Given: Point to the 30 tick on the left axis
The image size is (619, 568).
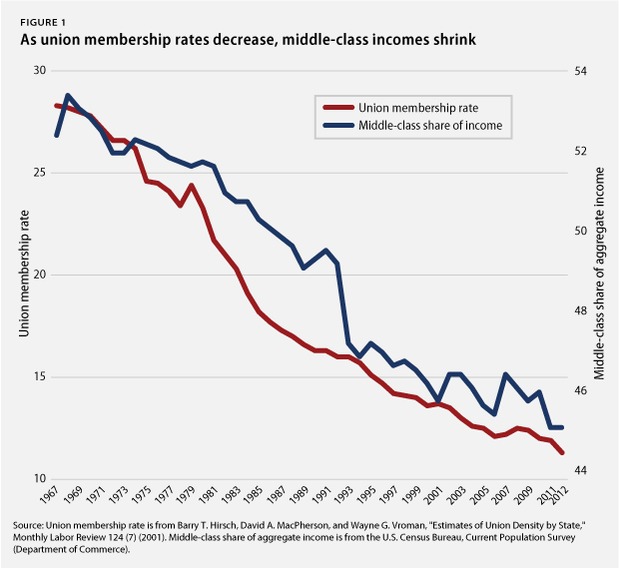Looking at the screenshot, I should click(x=39, y=71).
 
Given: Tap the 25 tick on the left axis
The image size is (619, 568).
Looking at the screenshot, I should click(x=39, y=173).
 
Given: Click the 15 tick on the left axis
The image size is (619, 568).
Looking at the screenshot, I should click(x=39, y=377).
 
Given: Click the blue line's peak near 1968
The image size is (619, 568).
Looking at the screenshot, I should click(x=68, y=96).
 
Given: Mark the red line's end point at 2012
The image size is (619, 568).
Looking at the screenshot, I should click(x=562, y=452).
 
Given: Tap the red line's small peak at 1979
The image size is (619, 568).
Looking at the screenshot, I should click(x=190, y=186).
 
